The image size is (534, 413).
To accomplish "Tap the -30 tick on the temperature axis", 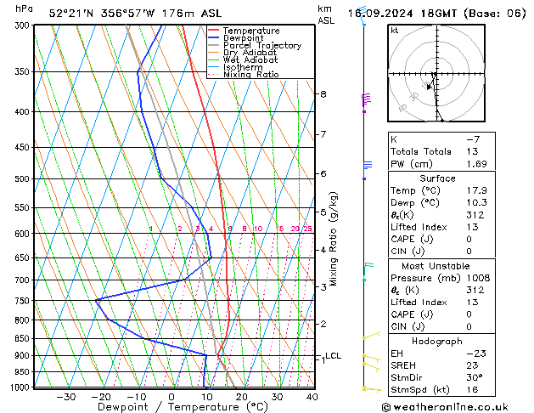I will pos(65,397).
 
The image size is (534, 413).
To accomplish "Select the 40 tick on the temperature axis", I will pos(312,397).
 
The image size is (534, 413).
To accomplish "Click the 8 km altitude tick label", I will pos(323,94).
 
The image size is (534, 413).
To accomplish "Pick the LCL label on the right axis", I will pos(334,356).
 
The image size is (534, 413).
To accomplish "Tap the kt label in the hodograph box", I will pos(395,31).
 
